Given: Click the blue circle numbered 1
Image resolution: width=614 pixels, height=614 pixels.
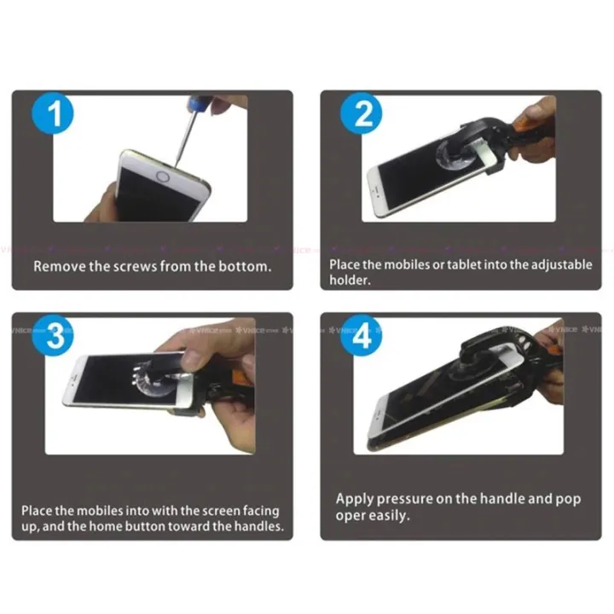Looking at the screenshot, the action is pyautogui.click(x=53, y=113).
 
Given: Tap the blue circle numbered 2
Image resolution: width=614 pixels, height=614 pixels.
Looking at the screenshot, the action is pyautogui.click(x=361, y=113).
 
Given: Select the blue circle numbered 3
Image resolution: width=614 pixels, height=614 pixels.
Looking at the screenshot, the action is pyautogui.click(x=53, y=335).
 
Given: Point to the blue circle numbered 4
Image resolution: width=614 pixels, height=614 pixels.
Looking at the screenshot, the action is pyautogui.click(x=361, y=335).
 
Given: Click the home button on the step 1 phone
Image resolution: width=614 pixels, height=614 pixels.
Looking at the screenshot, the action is pyautogui.click(x=163, y=177).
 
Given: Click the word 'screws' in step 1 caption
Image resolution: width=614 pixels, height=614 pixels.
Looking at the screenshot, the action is pyautogui.click(x=135, y=267).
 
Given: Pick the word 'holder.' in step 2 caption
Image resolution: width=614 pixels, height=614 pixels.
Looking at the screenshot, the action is pyautogui.click(x=350, y=280).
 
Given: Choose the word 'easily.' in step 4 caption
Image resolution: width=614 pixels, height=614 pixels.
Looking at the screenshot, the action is pyautogui.click(x=389, y=516).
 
